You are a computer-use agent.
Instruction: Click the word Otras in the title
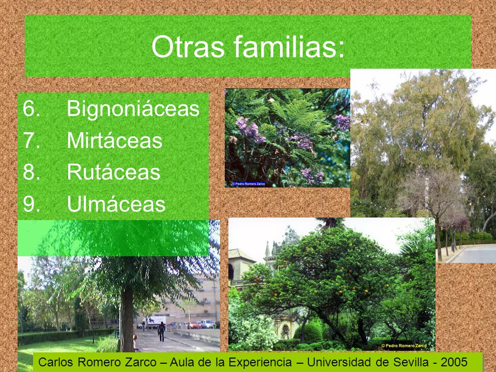pos(188,47)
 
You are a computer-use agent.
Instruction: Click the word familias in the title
pos(285,47)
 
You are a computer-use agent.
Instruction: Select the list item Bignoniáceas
pos(133,109)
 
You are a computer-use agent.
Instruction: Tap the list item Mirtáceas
pos(115,140)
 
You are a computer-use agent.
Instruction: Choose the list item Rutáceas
pos(114,172)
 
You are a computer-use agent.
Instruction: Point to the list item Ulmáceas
pos(116,204)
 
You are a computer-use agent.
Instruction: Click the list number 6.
pos(32,109)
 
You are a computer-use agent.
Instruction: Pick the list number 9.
pos(32,204)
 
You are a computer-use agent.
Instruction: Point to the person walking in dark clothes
pos(162,331)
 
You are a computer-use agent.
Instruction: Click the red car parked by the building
pos(194,325)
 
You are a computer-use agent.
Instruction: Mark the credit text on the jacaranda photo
pos(249,184)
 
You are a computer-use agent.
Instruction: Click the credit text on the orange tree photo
pos(404,346)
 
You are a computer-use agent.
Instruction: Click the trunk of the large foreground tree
pos(127,319)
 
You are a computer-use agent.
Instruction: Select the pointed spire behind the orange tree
pos(268,250)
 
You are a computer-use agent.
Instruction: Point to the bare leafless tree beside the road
pos(433,203)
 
